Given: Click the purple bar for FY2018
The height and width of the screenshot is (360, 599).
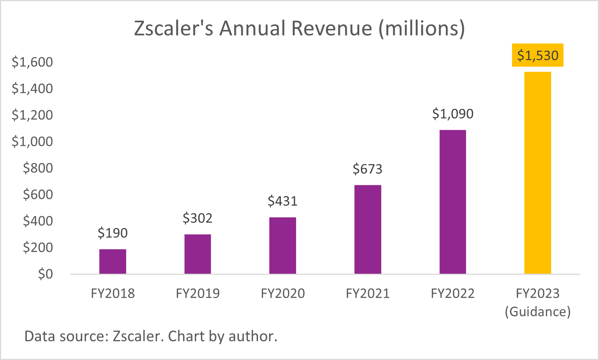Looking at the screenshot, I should pos(113,261).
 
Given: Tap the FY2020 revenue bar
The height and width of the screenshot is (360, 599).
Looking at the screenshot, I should pos(283,245).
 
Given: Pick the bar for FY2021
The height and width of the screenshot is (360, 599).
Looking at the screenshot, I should pos(368,229).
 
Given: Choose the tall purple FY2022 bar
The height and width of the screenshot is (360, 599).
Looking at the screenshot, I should pos(453,202).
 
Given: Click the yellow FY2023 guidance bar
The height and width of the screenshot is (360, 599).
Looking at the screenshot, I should pos(538,173).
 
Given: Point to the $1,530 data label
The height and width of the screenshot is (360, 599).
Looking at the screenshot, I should pos(538,55).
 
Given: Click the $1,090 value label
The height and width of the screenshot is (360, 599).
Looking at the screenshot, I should pos(453,114).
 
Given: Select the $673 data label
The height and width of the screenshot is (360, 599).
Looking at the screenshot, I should pos(367,169).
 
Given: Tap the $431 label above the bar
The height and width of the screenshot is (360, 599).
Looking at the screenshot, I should pos(283,201).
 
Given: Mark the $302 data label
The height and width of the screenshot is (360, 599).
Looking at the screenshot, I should pos(197,218).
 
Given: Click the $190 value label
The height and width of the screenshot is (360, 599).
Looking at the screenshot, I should pos(113,233).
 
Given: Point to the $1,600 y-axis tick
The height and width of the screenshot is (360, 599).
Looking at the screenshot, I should pos(32,62).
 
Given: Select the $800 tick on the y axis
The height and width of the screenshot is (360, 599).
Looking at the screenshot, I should pos(38,168).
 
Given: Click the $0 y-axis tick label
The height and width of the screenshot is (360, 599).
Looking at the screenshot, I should pos(45,274).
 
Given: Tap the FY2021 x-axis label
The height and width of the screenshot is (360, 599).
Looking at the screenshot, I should pos(368,293).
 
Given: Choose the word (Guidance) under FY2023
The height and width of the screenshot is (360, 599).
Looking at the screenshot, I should pos(538,311).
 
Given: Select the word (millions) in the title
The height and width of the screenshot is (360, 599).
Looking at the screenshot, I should pos(422,28).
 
